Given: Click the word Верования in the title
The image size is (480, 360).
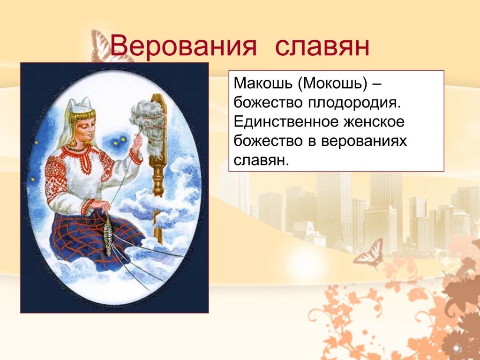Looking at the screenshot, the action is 183,46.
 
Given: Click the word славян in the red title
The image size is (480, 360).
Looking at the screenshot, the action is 322,46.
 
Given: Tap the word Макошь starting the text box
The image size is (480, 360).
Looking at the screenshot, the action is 262,83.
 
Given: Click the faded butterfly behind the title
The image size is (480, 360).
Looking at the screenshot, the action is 105,46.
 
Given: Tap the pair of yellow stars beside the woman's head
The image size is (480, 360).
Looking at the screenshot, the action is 120,141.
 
